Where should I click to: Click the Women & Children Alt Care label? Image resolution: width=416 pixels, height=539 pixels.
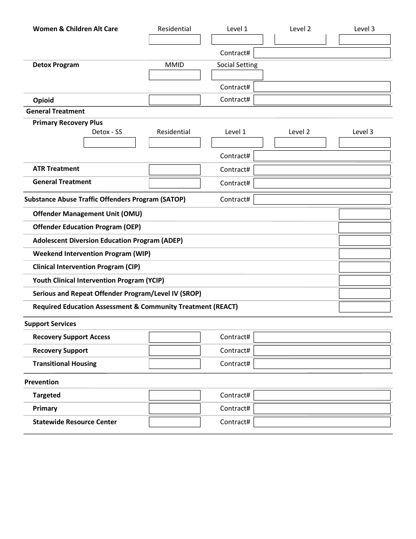point(75,29)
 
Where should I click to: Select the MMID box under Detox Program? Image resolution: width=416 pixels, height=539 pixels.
point(174,75)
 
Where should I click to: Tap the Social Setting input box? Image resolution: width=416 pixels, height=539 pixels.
point(237,75)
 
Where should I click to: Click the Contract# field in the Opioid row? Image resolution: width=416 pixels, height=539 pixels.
point(322,100)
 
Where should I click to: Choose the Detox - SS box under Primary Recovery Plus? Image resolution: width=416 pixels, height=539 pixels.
point(109,142)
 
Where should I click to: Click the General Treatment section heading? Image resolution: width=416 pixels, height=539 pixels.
point(55,111)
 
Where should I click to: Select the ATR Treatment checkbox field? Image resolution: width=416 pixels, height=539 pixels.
point(174,170)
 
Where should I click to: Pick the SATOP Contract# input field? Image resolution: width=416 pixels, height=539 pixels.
point(322,199)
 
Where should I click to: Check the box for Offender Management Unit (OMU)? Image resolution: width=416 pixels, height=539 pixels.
point(364,214)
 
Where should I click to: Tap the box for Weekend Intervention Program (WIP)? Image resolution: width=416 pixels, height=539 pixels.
point(364,254)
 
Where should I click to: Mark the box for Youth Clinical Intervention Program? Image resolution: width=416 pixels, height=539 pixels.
point(364,280)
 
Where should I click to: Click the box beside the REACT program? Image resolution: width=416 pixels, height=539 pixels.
point(364,307)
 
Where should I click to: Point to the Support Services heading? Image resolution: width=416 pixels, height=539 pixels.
point(50,324)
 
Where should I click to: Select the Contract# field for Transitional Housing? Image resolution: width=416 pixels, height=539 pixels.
point(322,364)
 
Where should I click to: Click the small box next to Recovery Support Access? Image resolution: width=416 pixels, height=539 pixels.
point(174,337)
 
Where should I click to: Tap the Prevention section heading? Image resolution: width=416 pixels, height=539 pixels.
point(42,382)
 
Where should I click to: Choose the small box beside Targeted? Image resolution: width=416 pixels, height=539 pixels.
point(174,395)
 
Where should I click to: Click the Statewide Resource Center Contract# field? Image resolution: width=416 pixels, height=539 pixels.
point(322,422)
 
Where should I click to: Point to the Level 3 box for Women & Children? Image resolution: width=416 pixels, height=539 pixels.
point(364,39)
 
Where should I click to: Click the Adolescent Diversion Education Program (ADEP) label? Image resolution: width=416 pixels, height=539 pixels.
point(108,241)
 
